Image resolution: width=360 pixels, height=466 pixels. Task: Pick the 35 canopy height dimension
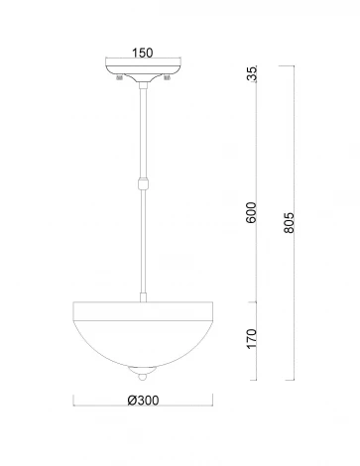(253, 74)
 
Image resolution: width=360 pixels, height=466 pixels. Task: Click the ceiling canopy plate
(145, 71)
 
